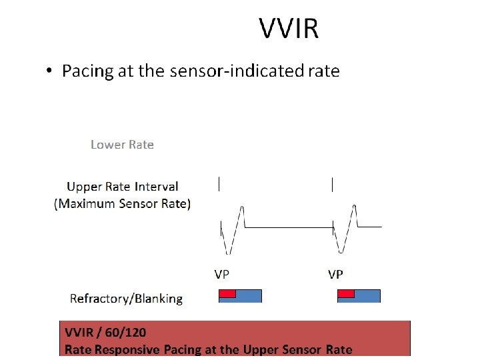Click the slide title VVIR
tap(289, 29)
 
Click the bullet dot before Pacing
tap(50, 71)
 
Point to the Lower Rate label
tap(122, 145)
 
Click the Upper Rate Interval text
tap(123, 187)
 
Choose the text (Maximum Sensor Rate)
tap(123, 204)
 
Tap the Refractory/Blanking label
tap(126, 298)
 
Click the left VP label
tap(223, 275)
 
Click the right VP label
tap(336, 275)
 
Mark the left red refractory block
tap(227, 293)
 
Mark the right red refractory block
tap(346, 293)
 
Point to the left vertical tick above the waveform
tap(219, 183)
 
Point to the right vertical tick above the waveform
tap(333, 183)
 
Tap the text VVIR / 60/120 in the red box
tap(105, 332)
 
